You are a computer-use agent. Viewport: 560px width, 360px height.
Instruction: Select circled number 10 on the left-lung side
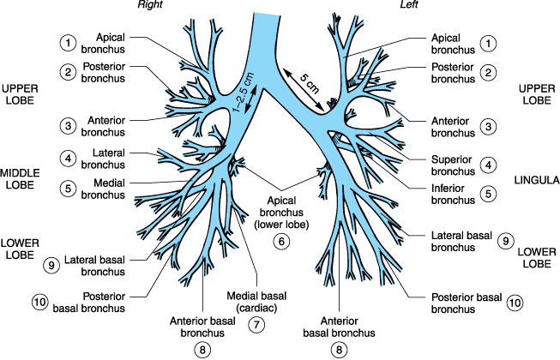pos(514,303)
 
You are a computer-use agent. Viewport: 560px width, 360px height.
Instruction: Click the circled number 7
pos(256,325)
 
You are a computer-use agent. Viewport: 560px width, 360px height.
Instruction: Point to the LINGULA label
pos(537,181)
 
